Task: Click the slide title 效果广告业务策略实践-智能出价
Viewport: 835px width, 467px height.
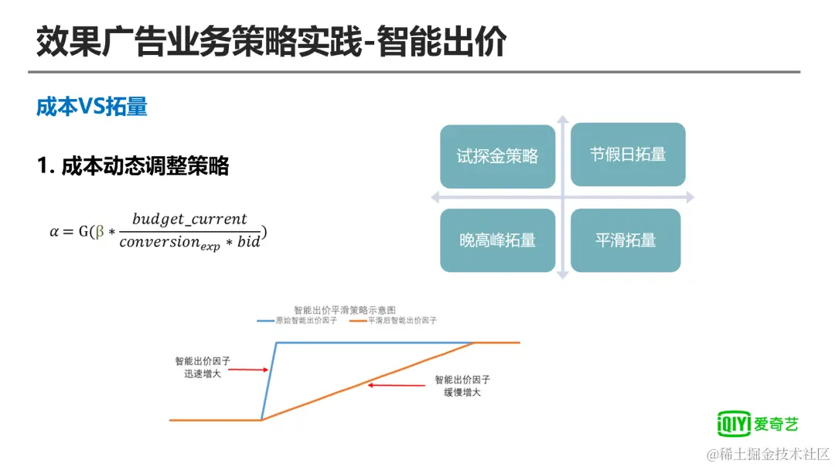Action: [271, 42]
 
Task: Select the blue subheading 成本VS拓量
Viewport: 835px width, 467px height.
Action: [91, 107]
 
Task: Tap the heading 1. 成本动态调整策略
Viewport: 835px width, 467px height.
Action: [133, 165]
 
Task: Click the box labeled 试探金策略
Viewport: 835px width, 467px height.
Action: [497, 156]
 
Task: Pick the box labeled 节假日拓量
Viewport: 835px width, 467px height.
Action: [628, 155]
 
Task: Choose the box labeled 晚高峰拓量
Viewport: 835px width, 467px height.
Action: [497, 240]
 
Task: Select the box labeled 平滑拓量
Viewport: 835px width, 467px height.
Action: [625, 240]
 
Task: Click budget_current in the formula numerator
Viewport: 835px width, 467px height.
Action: [189, 219]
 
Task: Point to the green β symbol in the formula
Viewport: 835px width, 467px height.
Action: [100, 232]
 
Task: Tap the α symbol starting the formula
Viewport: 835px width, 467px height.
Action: [54, 232]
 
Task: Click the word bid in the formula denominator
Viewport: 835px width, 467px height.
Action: [248, 242]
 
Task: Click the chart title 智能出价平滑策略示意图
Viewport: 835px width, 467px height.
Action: [345, 310]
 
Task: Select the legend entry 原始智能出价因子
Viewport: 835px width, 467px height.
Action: [297, 321]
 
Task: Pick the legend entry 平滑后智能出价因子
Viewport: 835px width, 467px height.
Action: [393, 321]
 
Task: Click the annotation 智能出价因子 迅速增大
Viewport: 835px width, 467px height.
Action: [203, 367]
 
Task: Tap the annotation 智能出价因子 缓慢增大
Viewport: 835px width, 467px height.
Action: [462, 386]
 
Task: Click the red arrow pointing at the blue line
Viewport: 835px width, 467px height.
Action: [248, 369]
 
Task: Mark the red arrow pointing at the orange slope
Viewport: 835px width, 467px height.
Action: [396, 385]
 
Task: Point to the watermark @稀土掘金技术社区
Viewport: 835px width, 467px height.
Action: [768, 454]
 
